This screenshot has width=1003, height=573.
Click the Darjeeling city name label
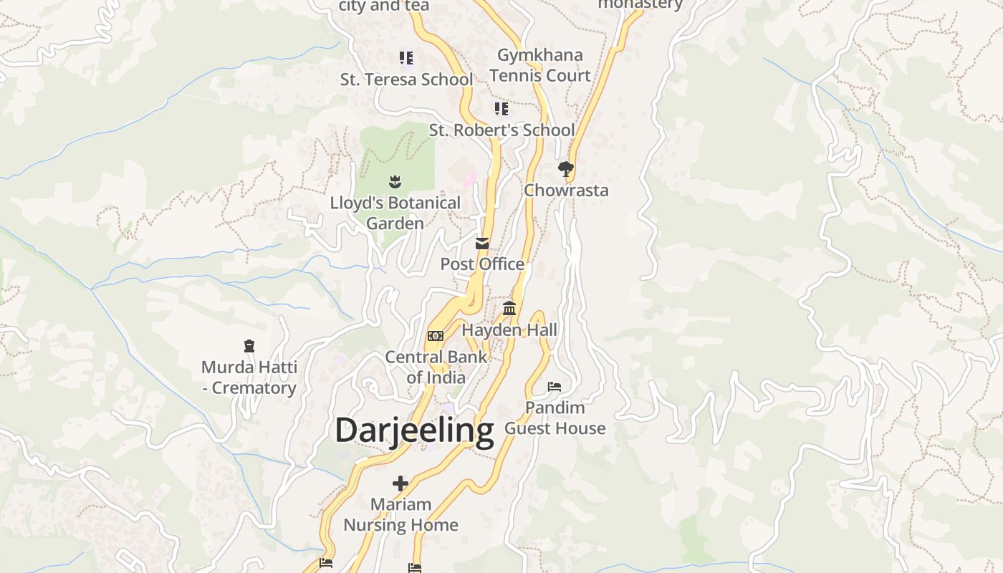point(414,430)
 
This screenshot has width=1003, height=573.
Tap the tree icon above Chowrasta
point(566,169)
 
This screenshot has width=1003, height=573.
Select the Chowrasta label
point(566,190)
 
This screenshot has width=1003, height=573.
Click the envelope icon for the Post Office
point(482,244)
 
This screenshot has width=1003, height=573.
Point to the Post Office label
point(482,264)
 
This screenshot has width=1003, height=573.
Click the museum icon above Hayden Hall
point(509,309)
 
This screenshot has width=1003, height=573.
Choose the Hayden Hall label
point(509,330)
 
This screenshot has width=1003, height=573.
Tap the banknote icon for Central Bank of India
point(436,336)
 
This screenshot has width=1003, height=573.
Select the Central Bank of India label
point(436,367)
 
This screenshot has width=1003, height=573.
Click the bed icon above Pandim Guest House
point(555,387)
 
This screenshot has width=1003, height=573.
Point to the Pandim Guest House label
point(555,418)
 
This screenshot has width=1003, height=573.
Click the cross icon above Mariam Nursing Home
point(400,483)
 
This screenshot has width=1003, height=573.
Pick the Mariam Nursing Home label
point(400,514)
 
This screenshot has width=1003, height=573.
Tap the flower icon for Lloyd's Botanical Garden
point(395,182)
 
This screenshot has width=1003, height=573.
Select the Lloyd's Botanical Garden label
point(395,213)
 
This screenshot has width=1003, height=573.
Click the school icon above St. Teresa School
point(406,57)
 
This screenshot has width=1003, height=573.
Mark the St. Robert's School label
point(501,130)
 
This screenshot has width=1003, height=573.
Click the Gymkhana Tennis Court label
point(540,65)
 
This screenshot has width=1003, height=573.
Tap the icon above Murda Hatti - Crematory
point(249,347)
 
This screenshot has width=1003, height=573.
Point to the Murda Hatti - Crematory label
point(249,377)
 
